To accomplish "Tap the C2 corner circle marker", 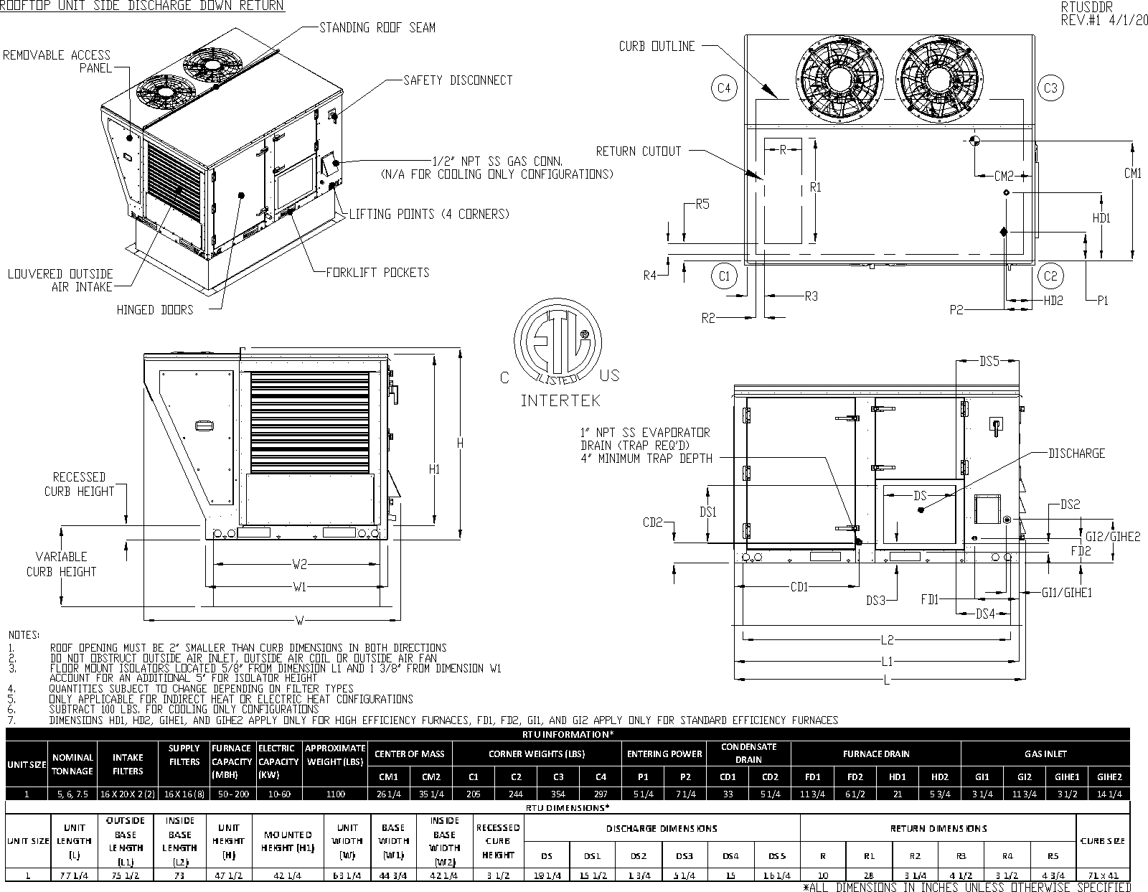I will (1050, 276).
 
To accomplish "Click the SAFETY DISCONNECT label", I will (458, 80).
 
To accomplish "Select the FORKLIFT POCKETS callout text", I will (377, 273).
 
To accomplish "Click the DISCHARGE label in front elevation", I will (1076, 454).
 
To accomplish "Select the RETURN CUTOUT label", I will (638, 151).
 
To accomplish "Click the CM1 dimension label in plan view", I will (1132, 173).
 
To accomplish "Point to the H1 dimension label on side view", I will (434, 469).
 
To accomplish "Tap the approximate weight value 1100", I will (335, 794).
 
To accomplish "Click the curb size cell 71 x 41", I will (1103, 875).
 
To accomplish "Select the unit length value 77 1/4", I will (74, 875).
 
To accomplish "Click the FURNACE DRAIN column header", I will (875, 754).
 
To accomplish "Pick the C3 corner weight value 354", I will (558, 794).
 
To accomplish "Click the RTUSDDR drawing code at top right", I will (1086, 6).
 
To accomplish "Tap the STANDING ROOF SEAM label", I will (377, 28).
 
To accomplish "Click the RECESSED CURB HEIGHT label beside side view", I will (79, 484).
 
